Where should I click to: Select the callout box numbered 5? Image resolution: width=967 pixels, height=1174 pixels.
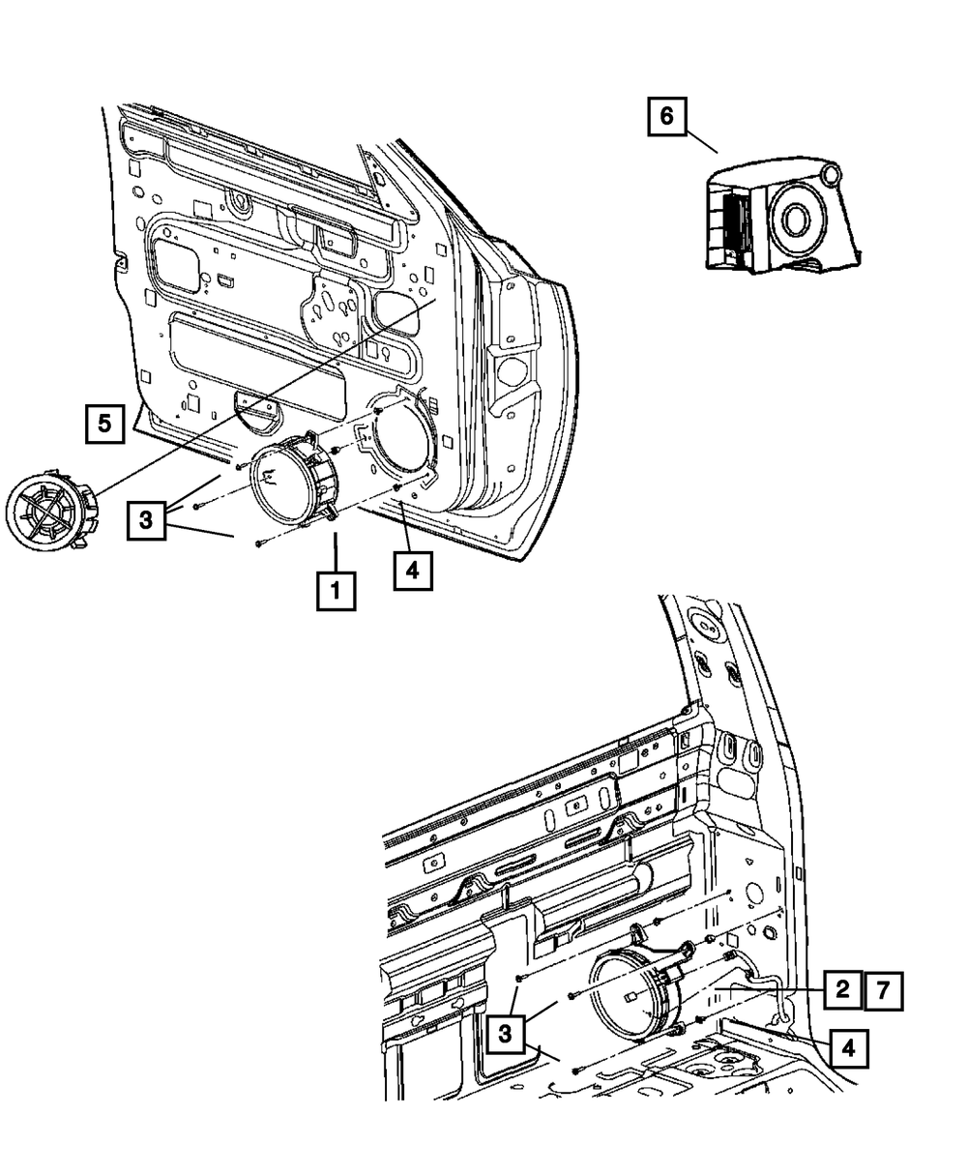coord(104,423)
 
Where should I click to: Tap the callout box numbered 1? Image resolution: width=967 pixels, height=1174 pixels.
coord(337,589)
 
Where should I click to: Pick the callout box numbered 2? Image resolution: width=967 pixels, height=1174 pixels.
coord(842,988)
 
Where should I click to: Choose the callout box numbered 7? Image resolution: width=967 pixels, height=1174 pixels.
coord(884,988)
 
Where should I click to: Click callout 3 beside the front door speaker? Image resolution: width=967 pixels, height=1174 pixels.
coord(144,520)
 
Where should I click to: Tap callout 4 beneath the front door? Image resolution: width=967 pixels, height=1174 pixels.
coord(412,570)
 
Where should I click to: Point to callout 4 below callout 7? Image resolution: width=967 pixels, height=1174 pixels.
coord(847,1046)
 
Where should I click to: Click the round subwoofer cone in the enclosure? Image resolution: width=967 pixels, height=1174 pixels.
coord(797,220)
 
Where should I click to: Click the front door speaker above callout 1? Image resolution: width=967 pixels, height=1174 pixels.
coord(293,480)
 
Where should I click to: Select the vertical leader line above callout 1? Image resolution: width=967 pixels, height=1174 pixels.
coord(336,548)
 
